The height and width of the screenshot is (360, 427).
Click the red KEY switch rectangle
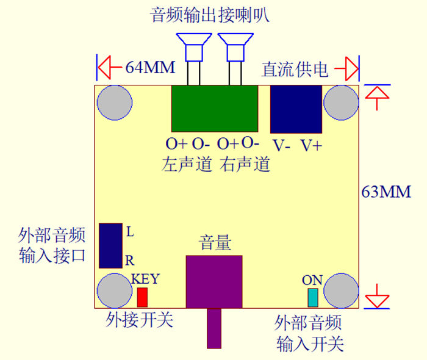[x=142, y=297]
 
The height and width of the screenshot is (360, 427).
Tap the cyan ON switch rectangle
[x=313, y=298]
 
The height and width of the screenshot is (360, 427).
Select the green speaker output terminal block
[x=214, y=108]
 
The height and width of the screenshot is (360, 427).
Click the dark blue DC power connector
[x=296, y=109]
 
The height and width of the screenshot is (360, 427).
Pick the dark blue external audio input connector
[x=110, y=245]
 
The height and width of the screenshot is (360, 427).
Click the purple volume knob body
[x=214, y=282]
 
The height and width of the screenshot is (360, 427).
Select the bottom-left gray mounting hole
[x=114, y=290]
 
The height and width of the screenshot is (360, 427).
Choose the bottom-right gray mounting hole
[x=341, y=290]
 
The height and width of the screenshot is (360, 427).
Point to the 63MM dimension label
[x=386, y=192]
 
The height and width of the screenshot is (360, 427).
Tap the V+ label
[x=312, y=146]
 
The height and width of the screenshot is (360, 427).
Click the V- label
[x=282, y=146]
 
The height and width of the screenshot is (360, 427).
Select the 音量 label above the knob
[x=215, y=243]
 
